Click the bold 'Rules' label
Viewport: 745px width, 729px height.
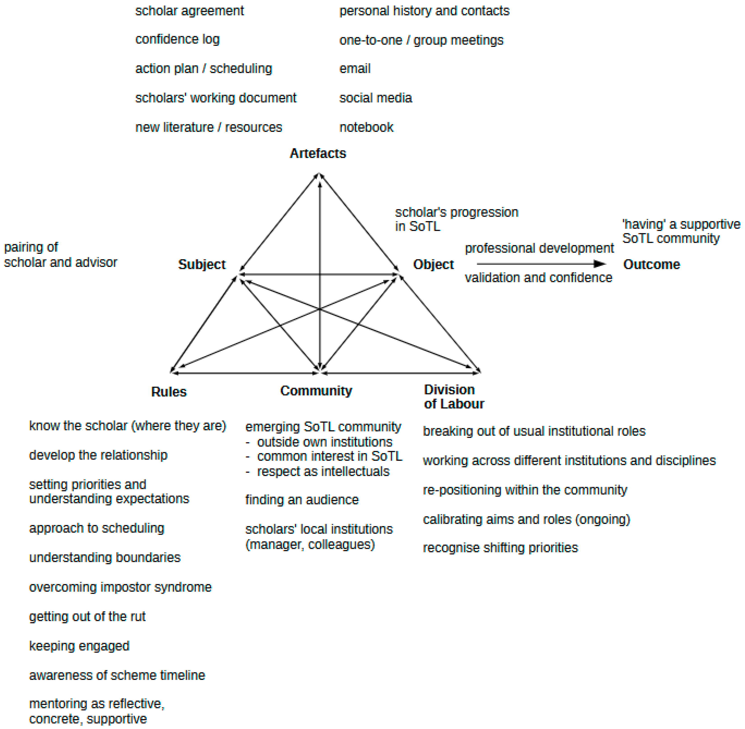click(169, 392)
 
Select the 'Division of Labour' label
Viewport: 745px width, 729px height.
click(454, 397)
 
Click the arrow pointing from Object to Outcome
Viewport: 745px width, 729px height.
click(541, 264)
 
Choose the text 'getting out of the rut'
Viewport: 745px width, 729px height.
click(87, 617)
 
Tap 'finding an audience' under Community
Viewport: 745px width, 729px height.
click(302, 500)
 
